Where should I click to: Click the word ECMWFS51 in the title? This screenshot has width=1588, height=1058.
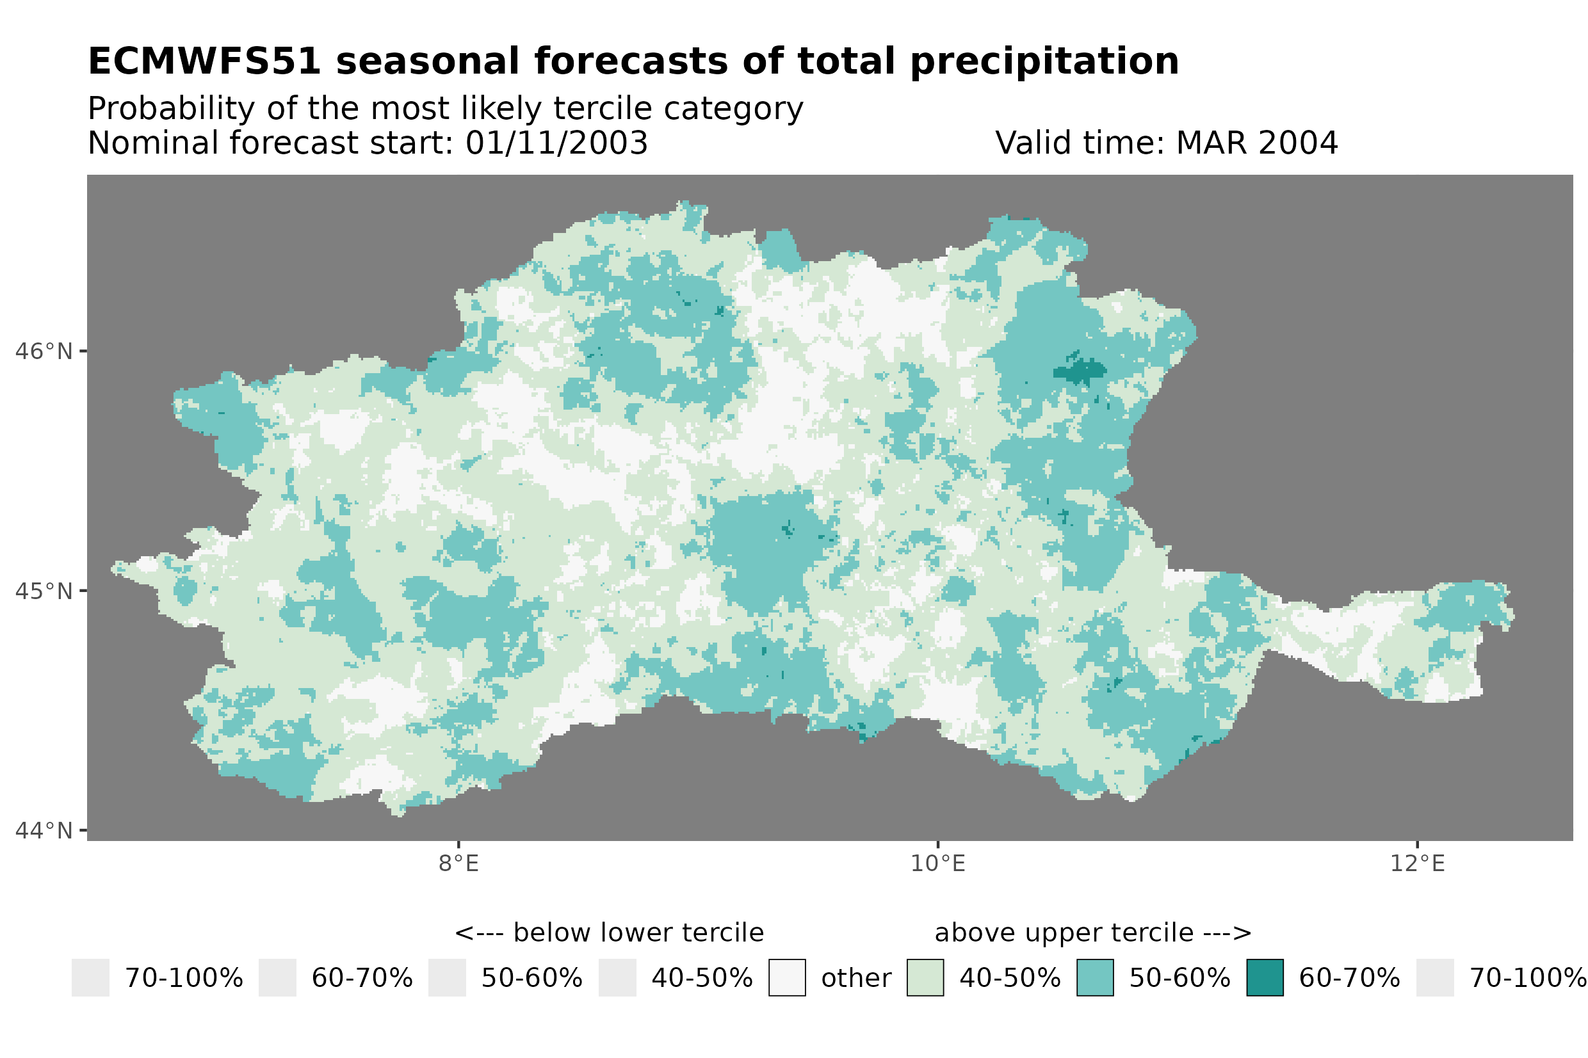point(204,61)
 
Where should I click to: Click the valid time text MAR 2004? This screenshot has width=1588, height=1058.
point(1256,143)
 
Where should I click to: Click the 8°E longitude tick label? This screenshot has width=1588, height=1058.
point(458,863)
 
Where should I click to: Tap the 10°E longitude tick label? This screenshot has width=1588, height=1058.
point(937,863)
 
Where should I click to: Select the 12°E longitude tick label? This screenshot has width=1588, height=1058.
point(1416,863)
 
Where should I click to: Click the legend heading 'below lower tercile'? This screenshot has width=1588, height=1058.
point(638,933)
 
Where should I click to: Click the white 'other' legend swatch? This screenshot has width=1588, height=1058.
point(786,978)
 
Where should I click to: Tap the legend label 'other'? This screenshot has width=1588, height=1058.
point(855,979)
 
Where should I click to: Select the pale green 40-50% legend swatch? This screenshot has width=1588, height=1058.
point(925,978)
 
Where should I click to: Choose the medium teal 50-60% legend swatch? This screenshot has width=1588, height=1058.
point(1095,978)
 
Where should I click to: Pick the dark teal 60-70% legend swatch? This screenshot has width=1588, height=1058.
point(1264,978)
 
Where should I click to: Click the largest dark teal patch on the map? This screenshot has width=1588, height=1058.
point(1080,371)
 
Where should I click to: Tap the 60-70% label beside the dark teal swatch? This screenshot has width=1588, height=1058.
point(1349,979)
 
